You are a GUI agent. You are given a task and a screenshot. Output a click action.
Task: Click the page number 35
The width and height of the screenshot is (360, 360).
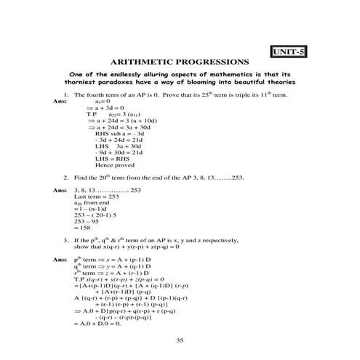click(x=180, y=340)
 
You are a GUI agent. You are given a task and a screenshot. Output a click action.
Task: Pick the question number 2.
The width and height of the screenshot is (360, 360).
click(x=65, y=177)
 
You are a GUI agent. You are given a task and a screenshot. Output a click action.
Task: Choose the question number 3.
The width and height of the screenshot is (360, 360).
click(x=65, y=239)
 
